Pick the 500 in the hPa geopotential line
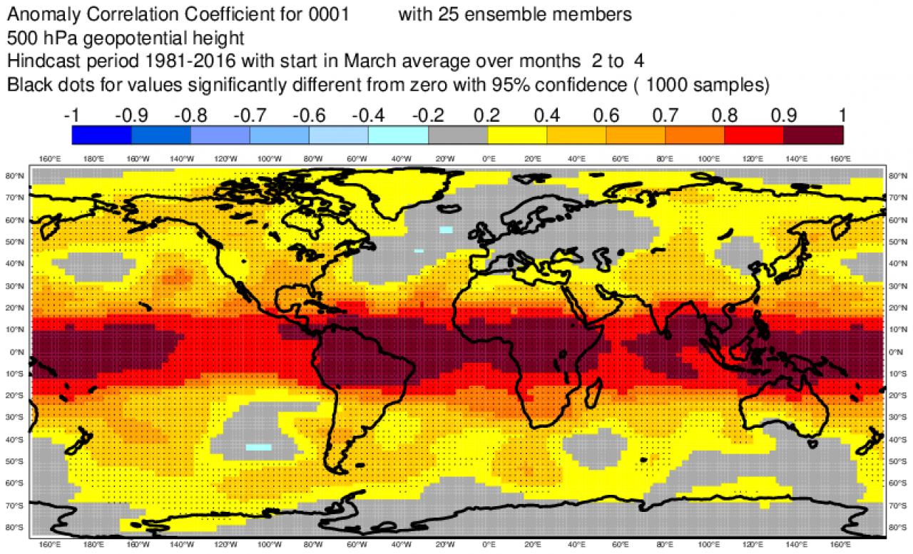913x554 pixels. tap(21, 36)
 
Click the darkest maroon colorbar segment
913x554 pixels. tap(813, 134)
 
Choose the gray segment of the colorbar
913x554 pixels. tap(457, 134)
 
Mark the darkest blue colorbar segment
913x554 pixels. tap(101, 134)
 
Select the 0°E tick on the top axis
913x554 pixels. tap(489, 160)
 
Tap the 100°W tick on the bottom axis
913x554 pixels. tap(270, 545)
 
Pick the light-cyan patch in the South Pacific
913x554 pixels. tap(258, 447)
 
